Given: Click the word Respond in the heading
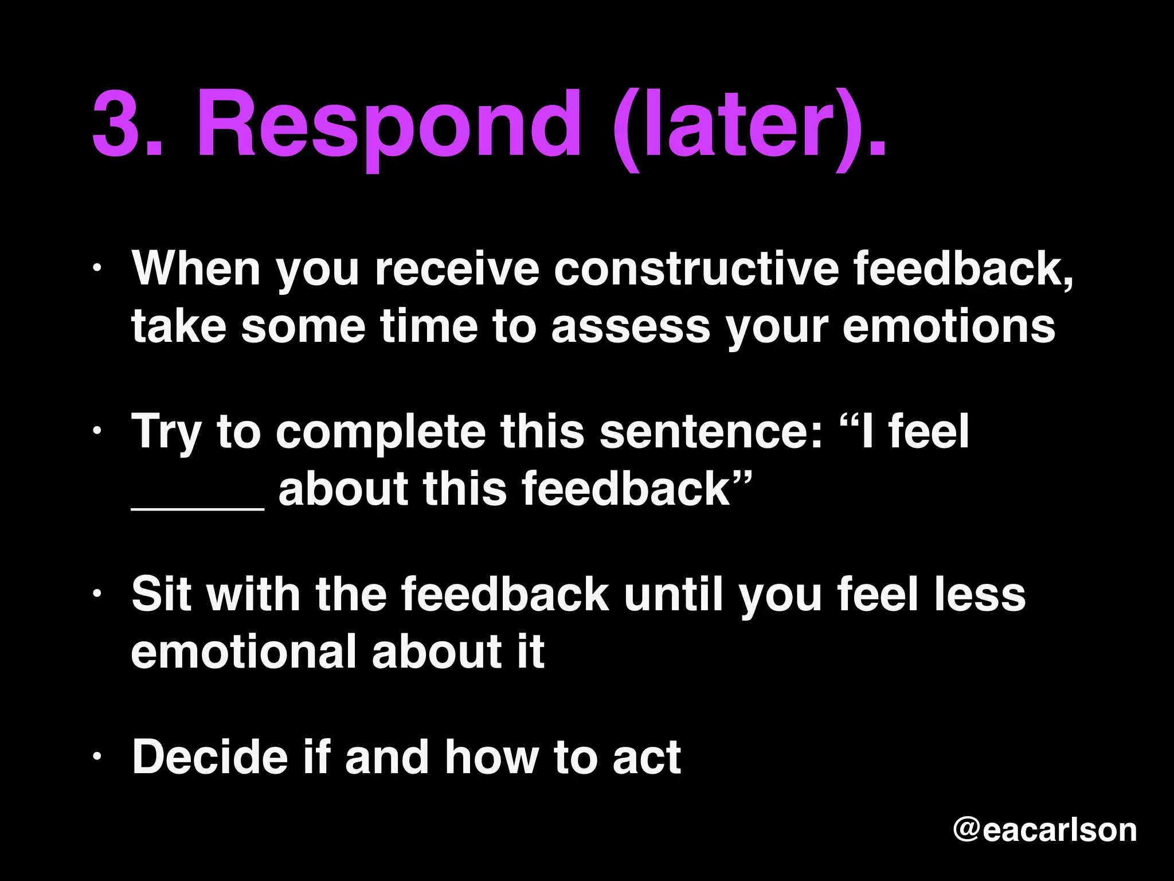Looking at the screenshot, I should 390,123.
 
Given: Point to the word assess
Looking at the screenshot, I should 631,327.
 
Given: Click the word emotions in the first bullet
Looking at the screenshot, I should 949,327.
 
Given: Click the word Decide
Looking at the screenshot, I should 209,757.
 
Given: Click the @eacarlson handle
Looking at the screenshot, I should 1044,830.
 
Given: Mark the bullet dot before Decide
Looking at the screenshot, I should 97,757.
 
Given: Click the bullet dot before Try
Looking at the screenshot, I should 97,431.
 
